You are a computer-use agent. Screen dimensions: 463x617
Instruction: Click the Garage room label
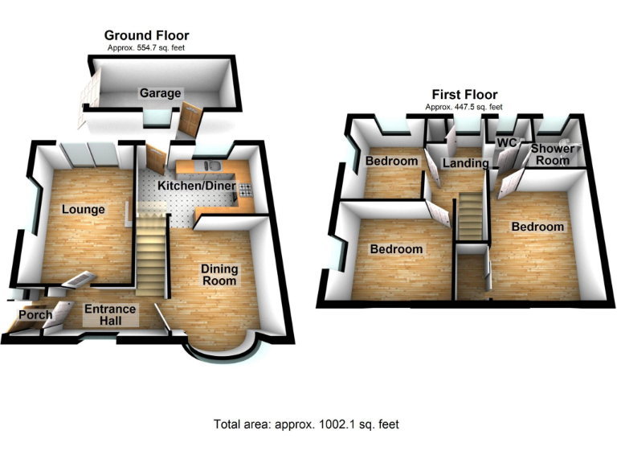(161, 93)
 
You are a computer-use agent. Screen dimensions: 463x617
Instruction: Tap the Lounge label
(84, 210)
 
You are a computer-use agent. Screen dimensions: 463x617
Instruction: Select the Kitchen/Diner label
(196, 186)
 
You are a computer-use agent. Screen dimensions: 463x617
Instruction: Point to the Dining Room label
(219, 275)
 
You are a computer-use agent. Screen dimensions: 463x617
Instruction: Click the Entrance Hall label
(110, 314)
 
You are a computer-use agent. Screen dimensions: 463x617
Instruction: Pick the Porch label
(35, 314)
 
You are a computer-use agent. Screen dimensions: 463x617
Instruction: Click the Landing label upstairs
(464, 163)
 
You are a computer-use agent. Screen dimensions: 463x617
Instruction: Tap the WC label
(506, 142)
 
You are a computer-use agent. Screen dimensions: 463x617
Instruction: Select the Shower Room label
(553, 154)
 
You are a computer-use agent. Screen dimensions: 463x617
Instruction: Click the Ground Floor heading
(147, 35)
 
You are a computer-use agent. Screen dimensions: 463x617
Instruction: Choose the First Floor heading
(464, 94)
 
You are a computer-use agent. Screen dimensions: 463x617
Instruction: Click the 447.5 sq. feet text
(464, 107)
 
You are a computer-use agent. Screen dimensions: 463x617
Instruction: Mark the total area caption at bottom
(306, 424)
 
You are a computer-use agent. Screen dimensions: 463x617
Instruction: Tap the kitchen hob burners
(243, 191)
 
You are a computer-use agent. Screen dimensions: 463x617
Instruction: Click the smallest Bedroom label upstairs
(391, 161)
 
